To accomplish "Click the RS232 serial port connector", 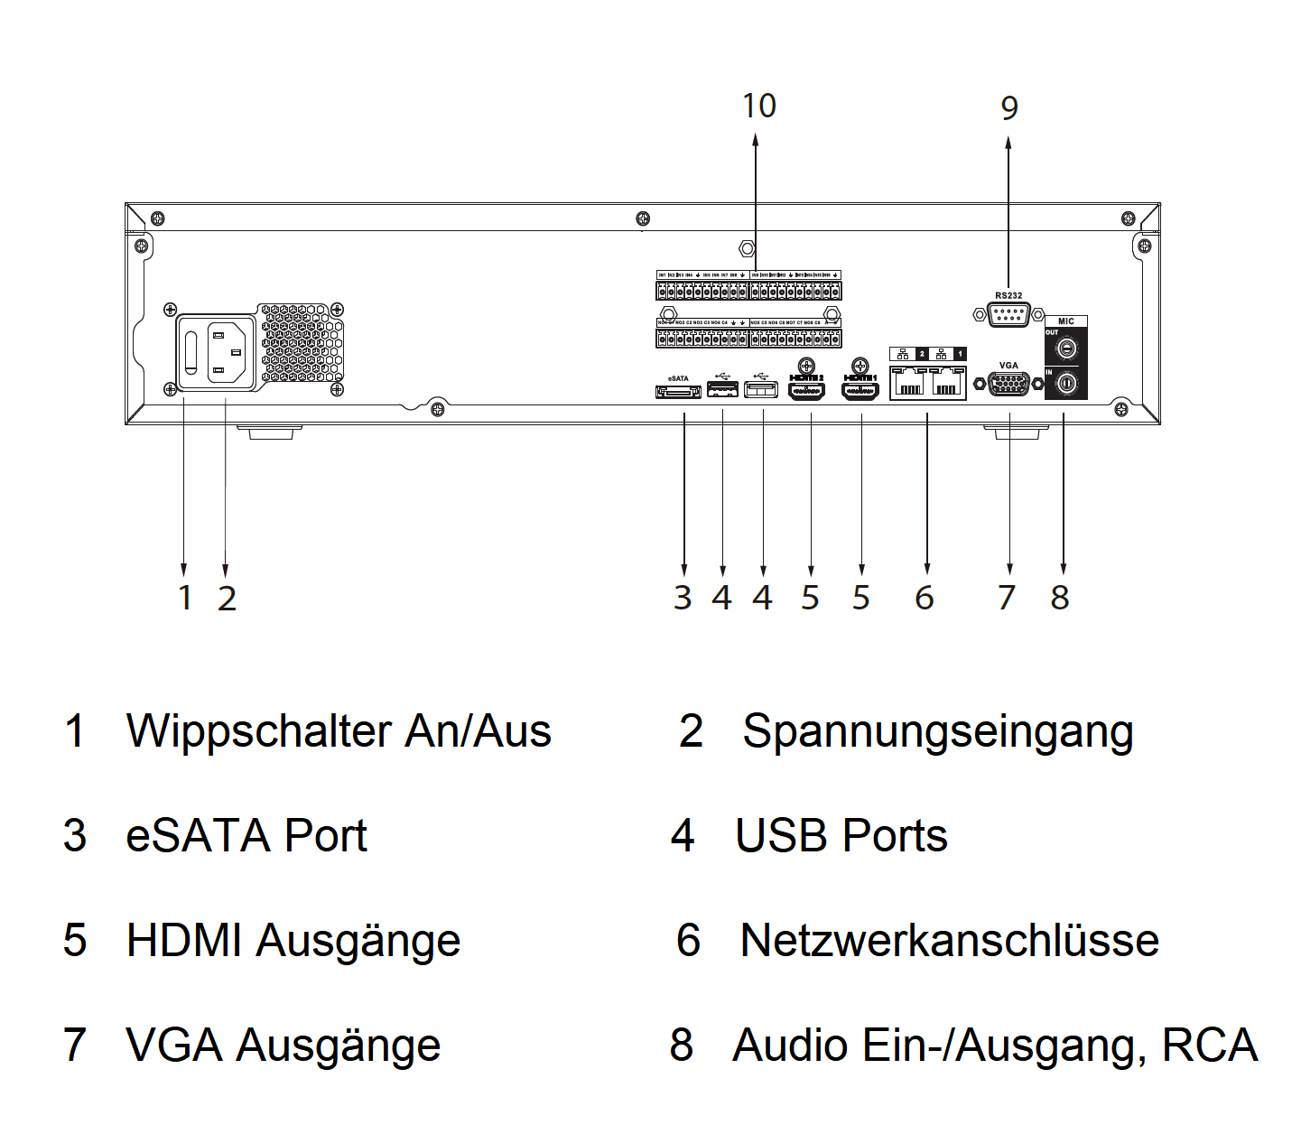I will pyautogui.click(x=1008, y=315).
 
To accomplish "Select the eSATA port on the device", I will pyautogui.click(x=678, y=392).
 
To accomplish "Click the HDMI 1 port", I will pyautogui.click(x=860, y=391).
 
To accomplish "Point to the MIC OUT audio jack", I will pyautogui.click(x=1066, y=348).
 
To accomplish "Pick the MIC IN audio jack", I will pyautogui.click(x=1066, y=384).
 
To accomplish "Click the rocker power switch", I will pyautogui.click(x=191, y=352).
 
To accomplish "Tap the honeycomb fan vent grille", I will pyautogui.click(x=302, y=342).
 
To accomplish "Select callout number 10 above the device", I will pyautogui.click(x=758, y=106).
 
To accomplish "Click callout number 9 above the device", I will pyautogui.click(x=1009, y=108).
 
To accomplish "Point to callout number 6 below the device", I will pyautogui.click(x=925, y=598).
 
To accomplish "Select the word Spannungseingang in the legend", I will pyautogui.click(x=937, y=731).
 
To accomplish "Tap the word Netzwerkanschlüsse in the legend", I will pyautogui.click(x=949, y=941).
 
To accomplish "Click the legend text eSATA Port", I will pyautogui.click(x=246, y=836).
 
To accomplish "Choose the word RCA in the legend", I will pyautogui.click(x=1210, y=1046).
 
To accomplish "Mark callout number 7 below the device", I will pyautogui.click(x=1007, y=598).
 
